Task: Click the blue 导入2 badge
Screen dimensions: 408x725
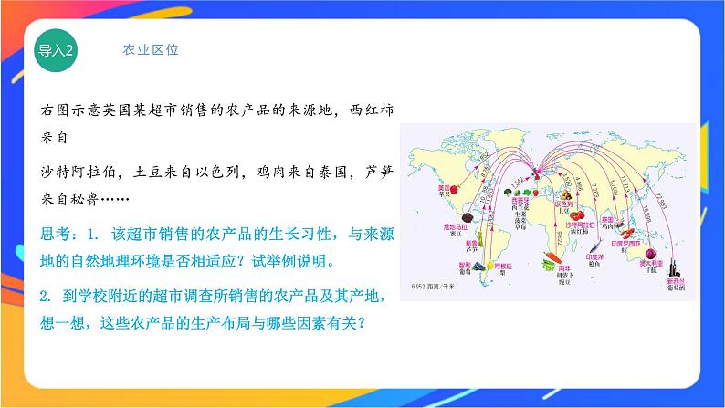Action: click(56, 49)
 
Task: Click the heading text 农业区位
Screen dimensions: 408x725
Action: click(151, 50)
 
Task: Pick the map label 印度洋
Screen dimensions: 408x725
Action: click(592, 256)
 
